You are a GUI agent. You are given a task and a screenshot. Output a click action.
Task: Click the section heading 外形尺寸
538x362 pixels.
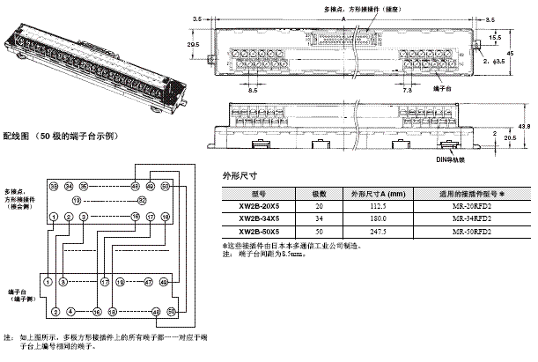pyautogui.click(x=241, y=175)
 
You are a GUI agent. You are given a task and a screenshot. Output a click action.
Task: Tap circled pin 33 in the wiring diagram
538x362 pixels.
pyautogui.click(x=55, y=187)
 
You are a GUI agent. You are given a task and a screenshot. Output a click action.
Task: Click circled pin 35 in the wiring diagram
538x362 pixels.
pyautogui.click(x=84, y=187)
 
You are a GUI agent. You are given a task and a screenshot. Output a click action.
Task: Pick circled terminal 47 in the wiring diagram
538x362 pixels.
pyautogui.click(x=149, y=283)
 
